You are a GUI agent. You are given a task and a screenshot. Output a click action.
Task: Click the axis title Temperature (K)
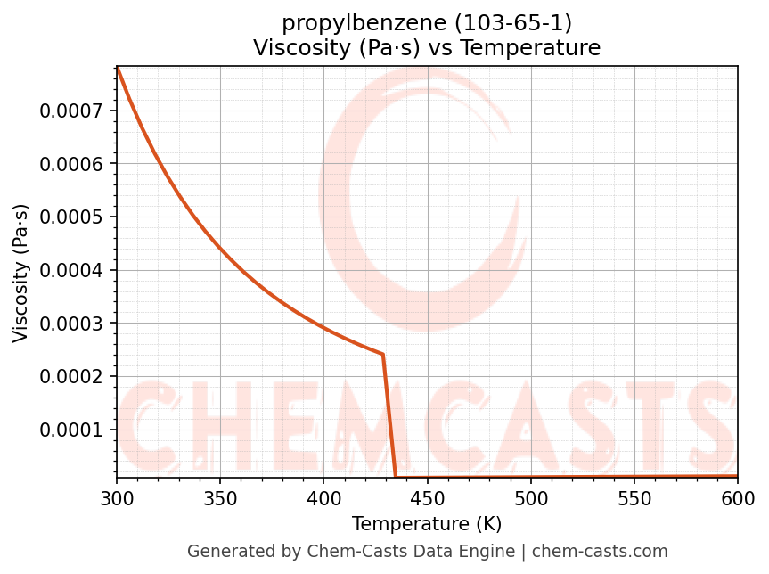427,523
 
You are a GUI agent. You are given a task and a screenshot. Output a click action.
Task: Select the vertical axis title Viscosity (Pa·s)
21,273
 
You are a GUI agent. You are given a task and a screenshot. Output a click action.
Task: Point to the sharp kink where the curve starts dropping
383,355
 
